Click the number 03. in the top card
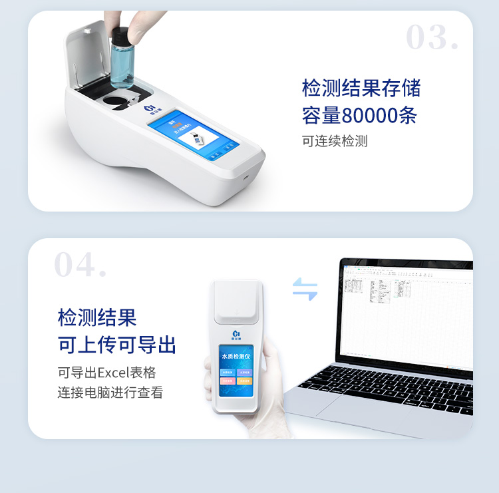(432, 38)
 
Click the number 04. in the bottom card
(80, 265)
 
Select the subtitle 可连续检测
(335, 141)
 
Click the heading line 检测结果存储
(361, 88)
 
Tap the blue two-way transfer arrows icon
(305, 289)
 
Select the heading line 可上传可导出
(117, 345)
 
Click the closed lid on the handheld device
(237, 303)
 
